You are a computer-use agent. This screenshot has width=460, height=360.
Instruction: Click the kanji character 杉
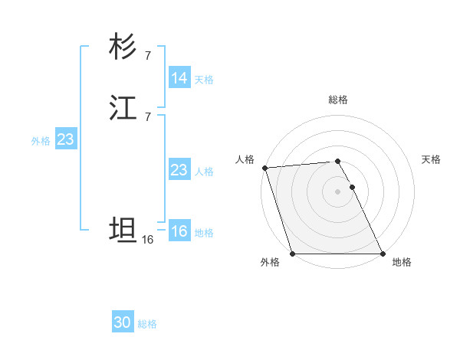point(123,47)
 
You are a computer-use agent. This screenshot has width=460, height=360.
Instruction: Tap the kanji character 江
point(123,109)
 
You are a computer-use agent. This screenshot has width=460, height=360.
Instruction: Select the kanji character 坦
point(123,230)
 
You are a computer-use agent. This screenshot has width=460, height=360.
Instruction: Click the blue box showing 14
point(179,78)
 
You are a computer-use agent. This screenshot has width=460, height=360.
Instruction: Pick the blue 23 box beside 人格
point(179,170)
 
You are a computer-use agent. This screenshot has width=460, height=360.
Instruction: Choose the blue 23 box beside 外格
point(65,139)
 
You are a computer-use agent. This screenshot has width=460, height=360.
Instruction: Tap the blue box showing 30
point(123,322)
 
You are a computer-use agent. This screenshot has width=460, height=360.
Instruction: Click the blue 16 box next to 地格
point(179,231)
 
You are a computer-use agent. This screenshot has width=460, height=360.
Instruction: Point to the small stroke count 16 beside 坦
point(148,240)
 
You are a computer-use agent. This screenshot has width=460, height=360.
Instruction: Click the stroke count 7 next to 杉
point(147,55)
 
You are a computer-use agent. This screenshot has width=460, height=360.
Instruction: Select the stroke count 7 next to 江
point(147,116)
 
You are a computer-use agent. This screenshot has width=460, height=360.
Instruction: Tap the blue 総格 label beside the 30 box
point(147,324)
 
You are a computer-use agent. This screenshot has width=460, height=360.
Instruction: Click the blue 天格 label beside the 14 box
point(204,80)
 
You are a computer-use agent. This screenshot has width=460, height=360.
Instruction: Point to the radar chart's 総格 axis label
point(338,100)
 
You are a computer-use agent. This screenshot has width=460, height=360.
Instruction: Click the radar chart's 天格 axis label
point(431,159)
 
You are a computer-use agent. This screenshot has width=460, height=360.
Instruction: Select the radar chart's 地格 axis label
point(402,263)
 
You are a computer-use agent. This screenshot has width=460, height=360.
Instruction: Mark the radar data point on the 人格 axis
point(264,168)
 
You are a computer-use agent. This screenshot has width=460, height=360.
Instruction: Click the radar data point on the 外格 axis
point(292,254)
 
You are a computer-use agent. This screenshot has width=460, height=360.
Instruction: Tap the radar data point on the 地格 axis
point(383,254)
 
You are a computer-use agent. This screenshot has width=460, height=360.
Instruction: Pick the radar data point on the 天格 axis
point(353,187)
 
